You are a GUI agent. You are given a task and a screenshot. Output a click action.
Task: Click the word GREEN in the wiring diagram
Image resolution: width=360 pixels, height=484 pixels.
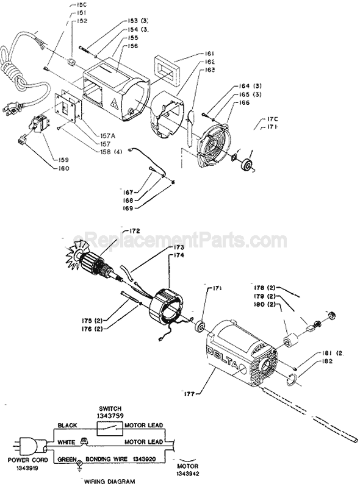[67, 455]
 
